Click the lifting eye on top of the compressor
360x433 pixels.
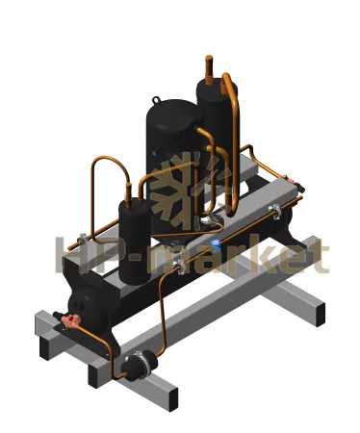156,100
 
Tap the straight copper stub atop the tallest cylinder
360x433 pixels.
209,70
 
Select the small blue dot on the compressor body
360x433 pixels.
154,154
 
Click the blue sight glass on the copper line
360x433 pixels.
216,242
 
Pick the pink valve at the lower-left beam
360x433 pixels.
70,319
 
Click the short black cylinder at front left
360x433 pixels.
135,242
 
